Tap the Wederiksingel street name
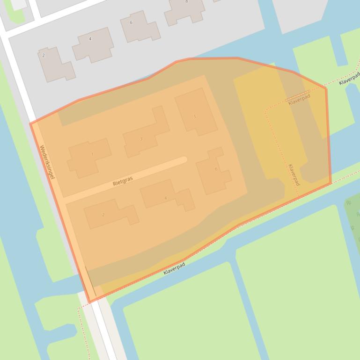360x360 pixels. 47,162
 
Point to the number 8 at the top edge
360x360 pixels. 186,2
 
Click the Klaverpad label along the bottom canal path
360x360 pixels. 174,268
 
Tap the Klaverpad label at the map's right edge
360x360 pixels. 350,78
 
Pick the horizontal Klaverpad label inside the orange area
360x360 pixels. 299,99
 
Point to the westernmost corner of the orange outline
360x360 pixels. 30,123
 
